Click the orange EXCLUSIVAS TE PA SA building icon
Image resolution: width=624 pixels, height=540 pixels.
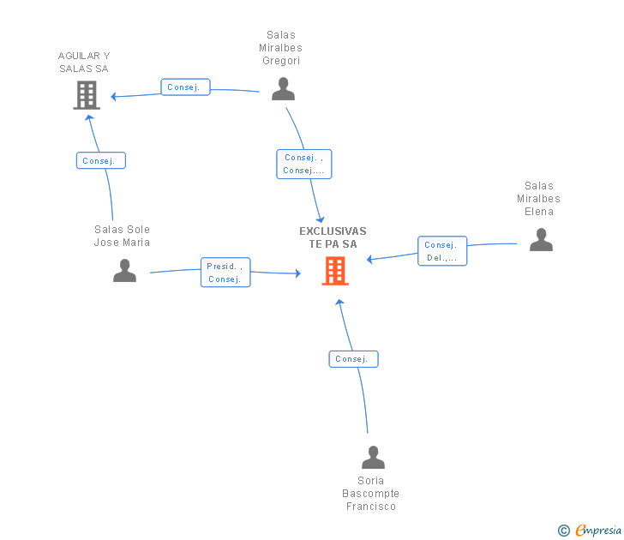[335, 271]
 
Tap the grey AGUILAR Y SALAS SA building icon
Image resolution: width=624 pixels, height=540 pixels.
[87, 95]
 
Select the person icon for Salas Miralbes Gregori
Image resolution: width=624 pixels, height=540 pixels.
[283, 89]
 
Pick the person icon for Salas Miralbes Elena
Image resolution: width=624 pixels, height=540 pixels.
[541, 239]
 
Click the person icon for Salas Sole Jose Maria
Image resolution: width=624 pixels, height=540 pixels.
[124, 271]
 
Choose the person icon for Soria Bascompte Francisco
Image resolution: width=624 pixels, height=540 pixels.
[373, 458]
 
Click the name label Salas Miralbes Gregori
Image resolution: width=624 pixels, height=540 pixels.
[281, 48]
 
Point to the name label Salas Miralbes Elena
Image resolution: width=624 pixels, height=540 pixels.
[538, 198]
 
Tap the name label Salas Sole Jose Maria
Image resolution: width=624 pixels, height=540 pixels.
[122, 236]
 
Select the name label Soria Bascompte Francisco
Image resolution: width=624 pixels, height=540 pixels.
[371, 494]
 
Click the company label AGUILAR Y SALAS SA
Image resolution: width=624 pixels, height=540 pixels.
[84, 62]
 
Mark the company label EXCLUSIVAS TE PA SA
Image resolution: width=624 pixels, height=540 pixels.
[333, 237]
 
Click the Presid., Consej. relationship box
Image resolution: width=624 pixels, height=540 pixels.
[225, 273]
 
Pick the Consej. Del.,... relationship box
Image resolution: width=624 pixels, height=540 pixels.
[442, 251]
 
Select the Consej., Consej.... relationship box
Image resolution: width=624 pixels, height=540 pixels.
[304, 164]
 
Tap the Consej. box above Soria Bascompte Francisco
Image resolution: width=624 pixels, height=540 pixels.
[353, 359]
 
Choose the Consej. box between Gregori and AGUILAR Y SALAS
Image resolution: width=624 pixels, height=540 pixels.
[185, 87]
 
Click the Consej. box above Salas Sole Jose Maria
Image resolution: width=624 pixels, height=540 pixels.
[101, 160]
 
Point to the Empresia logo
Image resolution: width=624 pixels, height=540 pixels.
[598, 531]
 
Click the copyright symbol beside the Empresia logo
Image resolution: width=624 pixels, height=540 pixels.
[564, 531]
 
